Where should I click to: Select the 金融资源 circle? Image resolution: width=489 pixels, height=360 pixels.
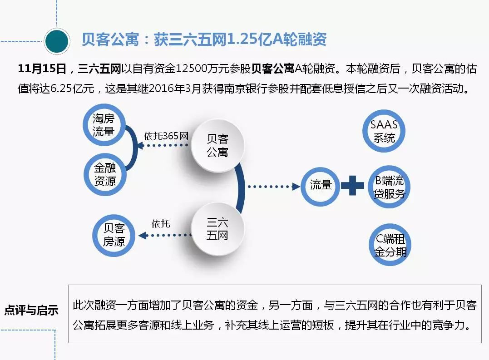click(105, 174)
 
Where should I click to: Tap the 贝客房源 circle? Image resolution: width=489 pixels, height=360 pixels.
click(114, 235)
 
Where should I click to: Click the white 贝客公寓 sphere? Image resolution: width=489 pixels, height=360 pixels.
click(217, 146)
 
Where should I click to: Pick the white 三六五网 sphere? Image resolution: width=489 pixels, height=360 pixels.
click(217, 229)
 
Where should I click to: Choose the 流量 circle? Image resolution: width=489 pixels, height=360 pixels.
click(321, 185)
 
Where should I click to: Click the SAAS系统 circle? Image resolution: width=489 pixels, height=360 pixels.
click(384, 131)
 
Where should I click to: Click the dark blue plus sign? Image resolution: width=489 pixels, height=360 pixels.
click(352, 185)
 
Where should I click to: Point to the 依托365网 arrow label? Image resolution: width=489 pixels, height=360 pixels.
click(166, 136)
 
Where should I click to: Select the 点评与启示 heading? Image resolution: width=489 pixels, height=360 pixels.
click(31, 311)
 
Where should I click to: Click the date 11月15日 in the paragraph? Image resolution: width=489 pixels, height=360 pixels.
click(42, 69)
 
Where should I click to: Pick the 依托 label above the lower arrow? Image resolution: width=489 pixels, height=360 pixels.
click(161, 223)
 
